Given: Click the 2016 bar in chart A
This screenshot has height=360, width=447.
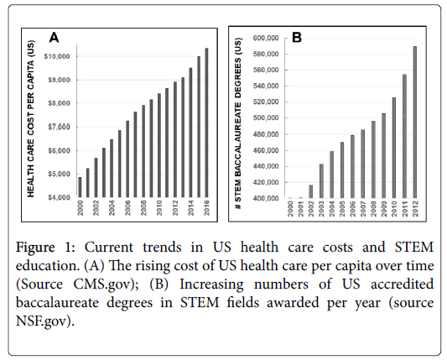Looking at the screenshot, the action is pos(206,123).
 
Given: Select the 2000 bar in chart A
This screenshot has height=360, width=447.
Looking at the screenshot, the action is pos(81,187).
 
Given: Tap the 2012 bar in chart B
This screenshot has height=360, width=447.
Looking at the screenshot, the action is pos(415,122).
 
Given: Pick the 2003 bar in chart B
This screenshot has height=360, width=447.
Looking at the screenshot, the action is pos(321,181).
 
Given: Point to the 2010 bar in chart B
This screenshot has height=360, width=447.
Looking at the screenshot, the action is pos(394,148).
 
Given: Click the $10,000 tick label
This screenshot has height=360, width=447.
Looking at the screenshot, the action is pos(57,56).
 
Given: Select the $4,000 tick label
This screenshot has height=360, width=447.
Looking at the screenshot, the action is pos(59,197).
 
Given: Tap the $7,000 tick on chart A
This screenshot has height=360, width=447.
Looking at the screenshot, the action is pos(59,127).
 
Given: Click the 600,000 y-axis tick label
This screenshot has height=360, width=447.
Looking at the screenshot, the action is pos(265,38).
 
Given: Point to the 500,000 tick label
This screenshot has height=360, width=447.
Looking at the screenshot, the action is pos(265,117).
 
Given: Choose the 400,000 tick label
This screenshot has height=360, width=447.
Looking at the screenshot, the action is pos(265,198).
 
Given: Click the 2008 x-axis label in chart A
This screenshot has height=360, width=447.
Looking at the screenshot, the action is pos(143,207).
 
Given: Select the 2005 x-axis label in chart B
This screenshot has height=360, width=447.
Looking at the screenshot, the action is pos(342,209).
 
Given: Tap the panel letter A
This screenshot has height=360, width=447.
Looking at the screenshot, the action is pos(54,38).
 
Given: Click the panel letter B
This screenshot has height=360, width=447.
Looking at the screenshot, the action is pos(297,38).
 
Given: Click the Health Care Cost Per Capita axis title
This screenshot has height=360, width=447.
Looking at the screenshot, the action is pos(31,118).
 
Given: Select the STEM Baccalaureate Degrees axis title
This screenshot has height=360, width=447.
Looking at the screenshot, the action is pos(237,123).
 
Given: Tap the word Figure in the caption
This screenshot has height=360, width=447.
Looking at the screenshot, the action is pos(35,248).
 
